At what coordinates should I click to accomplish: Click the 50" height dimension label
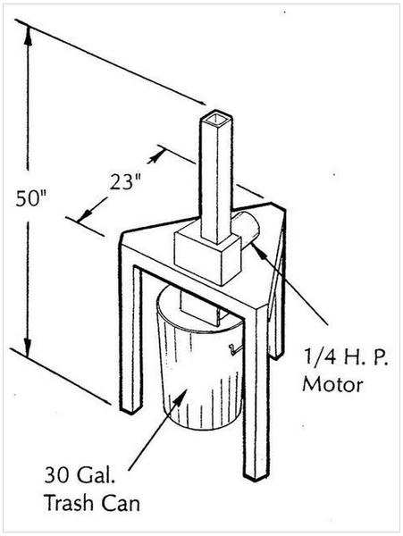coord(30,198)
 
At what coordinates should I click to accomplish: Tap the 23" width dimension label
coord(126,182)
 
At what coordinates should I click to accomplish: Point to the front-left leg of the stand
coord(130,339)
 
